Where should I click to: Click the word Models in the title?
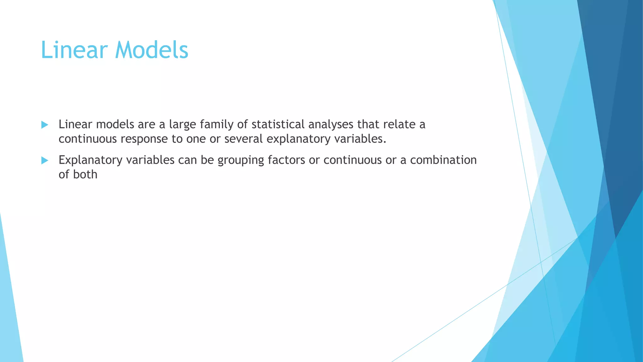[152, 50]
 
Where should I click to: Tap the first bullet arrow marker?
[45, 125]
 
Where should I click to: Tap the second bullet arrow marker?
[45, 161]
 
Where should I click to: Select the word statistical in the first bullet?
[278, 124]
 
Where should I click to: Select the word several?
[243, 139]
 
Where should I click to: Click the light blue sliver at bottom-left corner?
[9, 314]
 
